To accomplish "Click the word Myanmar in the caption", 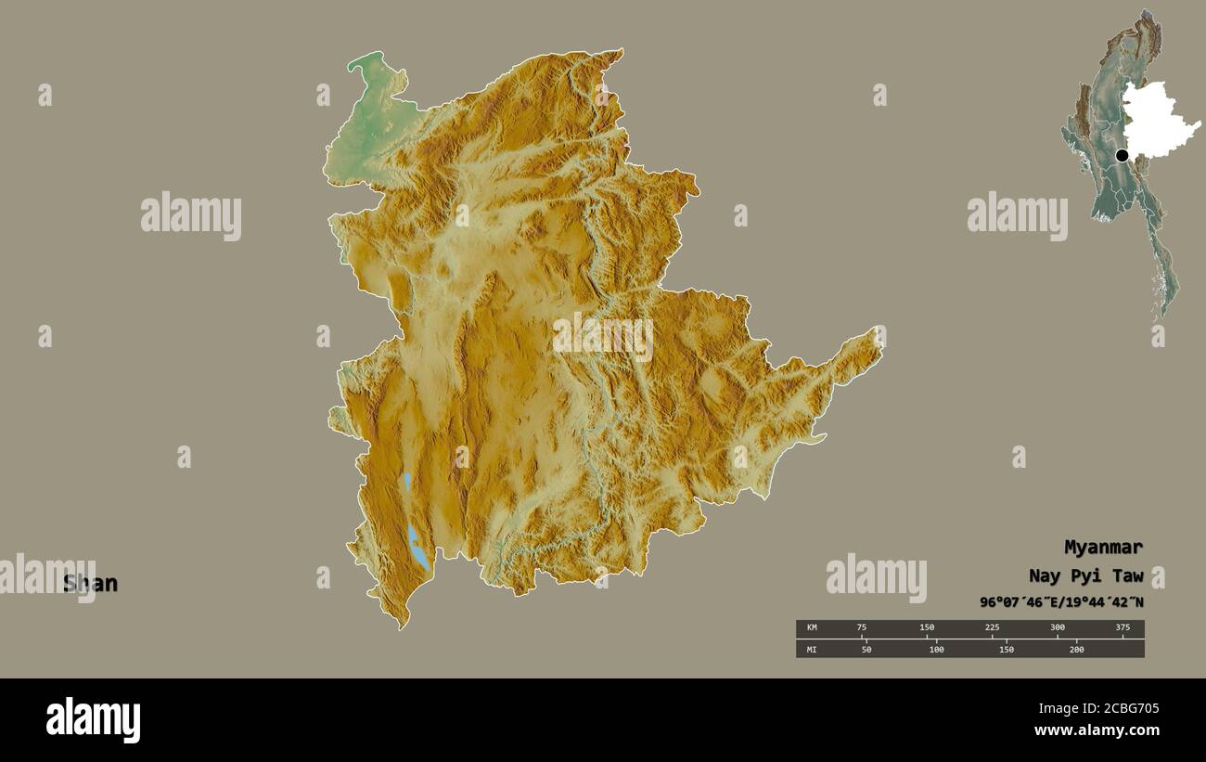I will (x=1103, y=547).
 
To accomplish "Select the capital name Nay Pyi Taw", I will (x=1085, y=575).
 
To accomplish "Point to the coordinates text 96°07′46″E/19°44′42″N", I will (x=1061, y=602).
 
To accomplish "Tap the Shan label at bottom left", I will (x=90, y=584).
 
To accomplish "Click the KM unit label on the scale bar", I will (x=812, y=628).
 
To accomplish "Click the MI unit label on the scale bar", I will (x=812, y=649).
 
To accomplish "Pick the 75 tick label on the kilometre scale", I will (x=862, y=628).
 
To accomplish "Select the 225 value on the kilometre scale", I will (x=992, y=628).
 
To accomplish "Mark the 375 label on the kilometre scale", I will (x=1123, y=628).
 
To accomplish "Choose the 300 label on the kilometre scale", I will (x=1058, y=628).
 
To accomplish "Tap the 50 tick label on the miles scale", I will (x=866, y=649).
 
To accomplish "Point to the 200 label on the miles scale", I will (x=1076, y=649).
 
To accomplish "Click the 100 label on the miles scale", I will (x=936, y=649).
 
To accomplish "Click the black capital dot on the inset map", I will (x=1122, y=155).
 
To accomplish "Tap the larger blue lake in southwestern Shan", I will (x=418, y=549).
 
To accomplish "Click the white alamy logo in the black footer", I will (x=93, y=720).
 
